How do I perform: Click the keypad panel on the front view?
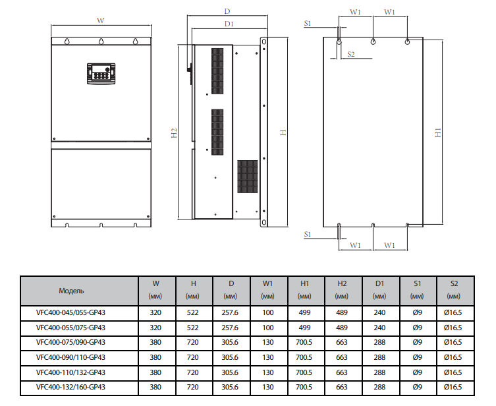tap(101, 74)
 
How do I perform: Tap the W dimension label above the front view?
tap(100, 20)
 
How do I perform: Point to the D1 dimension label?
tap(229, 24)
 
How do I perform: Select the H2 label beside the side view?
tap(174, 133)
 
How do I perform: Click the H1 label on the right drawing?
tap(438, 132)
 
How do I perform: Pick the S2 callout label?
tap(351, 54)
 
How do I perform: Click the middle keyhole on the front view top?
tap(101, 42)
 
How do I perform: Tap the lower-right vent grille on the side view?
tap(248, 177)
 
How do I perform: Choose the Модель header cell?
tap(71, 291)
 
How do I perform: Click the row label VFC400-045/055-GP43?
tap(70, 312)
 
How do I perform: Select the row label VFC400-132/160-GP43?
tap(70, 387)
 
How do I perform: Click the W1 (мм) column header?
tap(267, 290)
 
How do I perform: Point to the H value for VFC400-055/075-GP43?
tap(192, 328)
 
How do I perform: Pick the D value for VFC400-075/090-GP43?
tap(230, 342)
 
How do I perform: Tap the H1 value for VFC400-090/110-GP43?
tap(304, 358)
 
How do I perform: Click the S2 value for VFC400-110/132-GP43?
tap(453, 372)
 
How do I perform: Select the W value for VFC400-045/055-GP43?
tap(155, 312)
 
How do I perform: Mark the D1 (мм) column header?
tap(379, 290)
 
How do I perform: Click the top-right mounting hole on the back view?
tap(408, 42)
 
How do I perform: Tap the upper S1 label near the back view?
tap(308, 23)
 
